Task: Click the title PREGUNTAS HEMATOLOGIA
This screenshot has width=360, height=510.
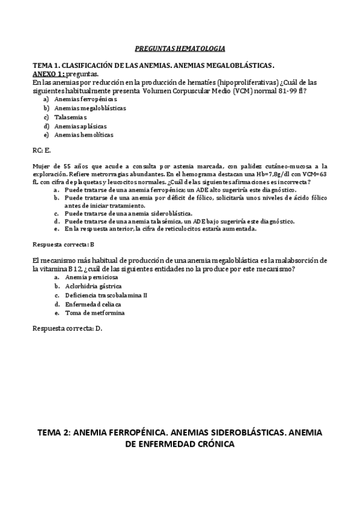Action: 180,48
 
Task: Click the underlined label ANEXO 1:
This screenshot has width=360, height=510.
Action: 48,73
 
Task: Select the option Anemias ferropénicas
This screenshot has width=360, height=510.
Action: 85,99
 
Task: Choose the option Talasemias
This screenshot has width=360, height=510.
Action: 70,117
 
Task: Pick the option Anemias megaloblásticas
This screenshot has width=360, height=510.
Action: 90,108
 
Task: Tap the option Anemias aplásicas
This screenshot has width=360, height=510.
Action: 81,126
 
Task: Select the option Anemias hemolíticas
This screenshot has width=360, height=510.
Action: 84,135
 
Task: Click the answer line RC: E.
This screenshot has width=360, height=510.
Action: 41,150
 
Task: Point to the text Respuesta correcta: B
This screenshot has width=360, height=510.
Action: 63,245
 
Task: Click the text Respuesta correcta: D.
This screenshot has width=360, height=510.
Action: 67,329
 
